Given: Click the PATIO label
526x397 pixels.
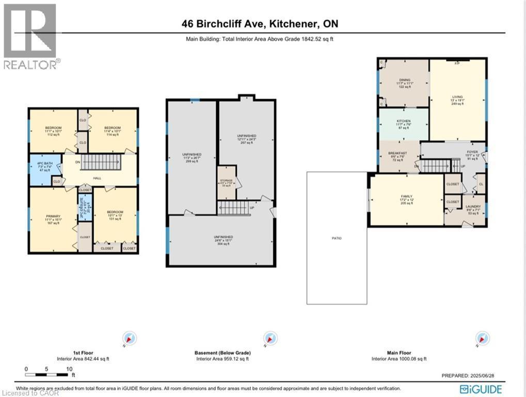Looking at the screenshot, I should [337, 238].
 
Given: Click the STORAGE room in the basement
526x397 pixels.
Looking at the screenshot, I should [226, 182].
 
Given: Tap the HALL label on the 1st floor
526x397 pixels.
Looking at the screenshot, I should [97, 178].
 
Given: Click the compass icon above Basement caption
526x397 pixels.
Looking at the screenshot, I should [267, 338].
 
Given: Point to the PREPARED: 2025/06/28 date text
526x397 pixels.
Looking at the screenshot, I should [471, 375].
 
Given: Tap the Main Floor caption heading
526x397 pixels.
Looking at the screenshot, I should [399, 353].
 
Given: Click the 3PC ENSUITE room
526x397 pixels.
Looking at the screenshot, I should [85, 208].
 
